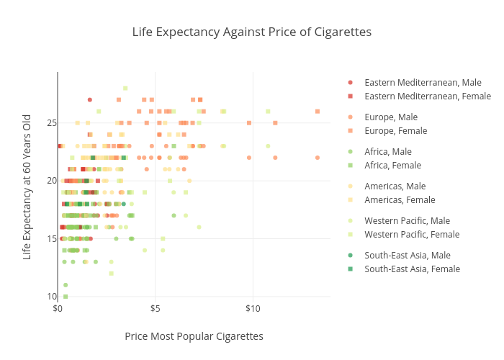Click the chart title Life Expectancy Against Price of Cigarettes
click(x=251, y=32)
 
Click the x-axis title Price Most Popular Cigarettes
click(x=194, y=336)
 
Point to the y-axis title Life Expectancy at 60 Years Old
click(x=27, y=186)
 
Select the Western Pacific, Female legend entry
click(x=412, y=234)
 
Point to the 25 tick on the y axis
click(x=52, y=122)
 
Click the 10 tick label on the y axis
click(x=52, y=297)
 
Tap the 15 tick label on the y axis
click(x=52, y=238)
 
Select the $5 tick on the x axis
click(x=156, y=309)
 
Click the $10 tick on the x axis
click(x=253, y=309)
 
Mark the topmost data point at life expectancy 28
click(x=125, y=88)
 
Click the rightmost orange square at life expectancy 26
click(x=318, y=111)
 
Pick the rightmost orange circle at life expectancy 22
click(x=318, y=158)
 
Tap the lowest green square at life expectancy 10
click(x=66, y=296)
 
